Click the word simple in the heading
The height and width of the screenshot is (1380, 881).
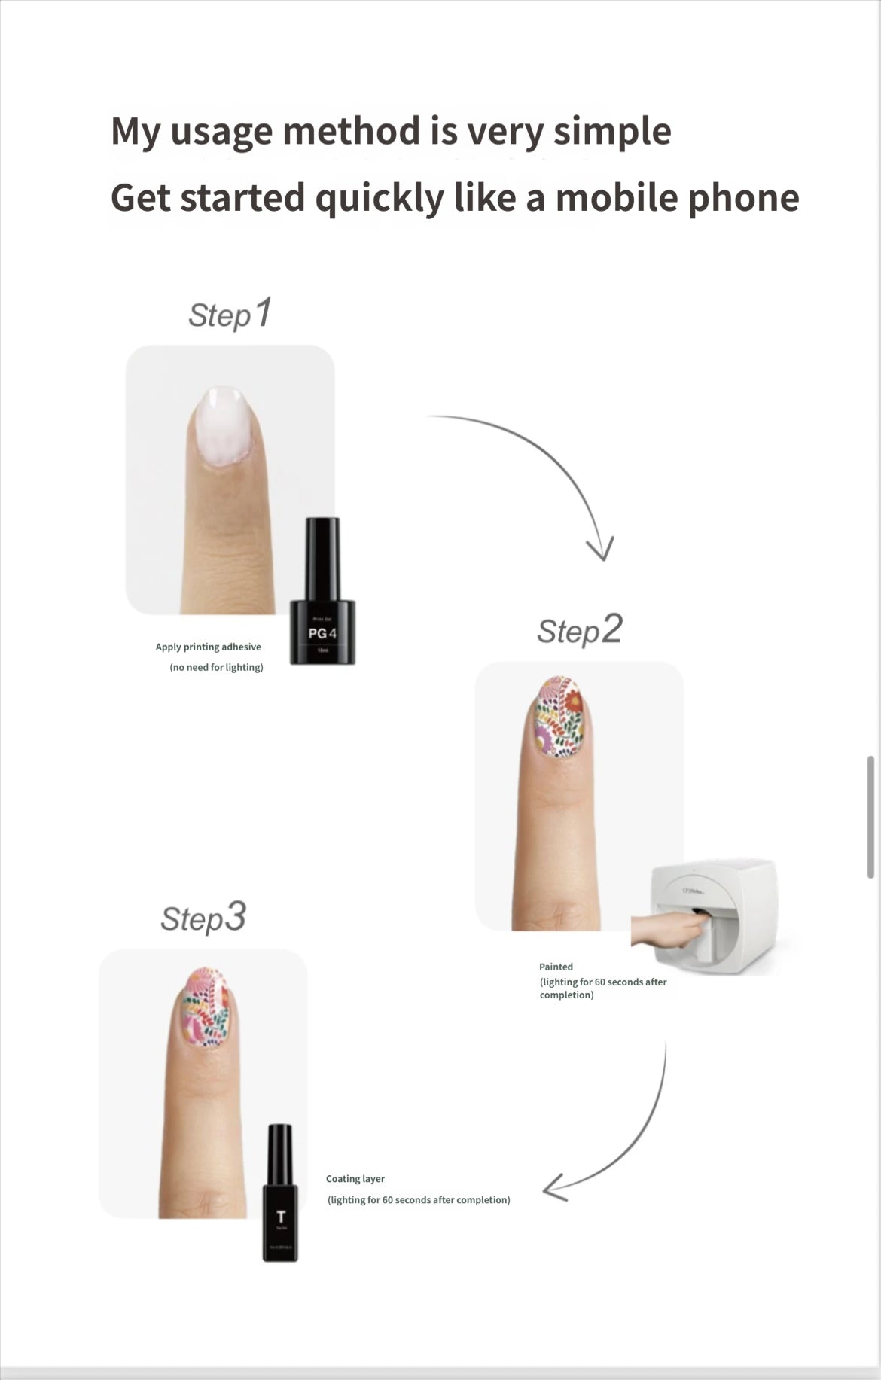[x=611, y=132]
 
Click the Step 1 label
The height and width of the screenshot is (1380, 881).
[x=230, y=314]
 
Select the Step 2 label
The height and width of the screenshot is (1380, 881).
[x=579, y=630]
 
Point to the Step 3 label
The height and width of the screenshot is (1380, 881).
[x=203, y=918]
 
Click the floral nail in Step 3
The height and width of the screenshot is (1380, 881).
[x=206, y=1007]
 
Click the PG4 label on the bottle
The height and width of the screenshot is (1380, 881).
[x=322, y=633]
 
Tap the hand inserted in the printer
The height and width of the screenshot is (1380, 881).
[x=666, y=931]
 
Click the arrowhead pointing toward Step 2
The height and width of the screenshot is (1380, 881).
[x=601, y=548]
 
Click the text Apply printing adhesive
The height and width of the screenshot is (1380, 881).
[x=209, y=647]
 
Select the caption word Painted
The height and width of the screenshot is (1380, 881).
[x=556, y=967]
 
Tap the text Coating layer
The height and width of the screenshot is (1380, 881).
[x=355, y=1179]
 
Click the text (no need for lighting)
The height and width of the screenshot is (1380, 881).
[x=217, y=667]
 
